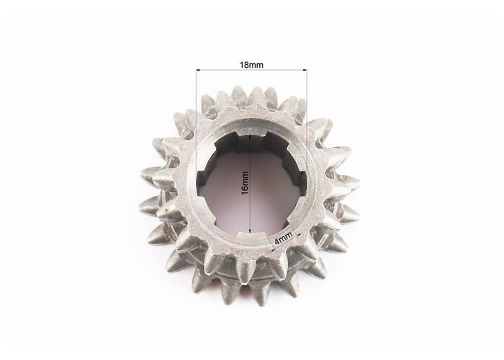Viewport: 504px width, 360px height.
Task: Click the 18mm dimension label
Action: [251, 65]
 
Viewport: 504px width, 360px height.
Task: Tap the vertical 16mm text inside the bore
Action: [245, 184]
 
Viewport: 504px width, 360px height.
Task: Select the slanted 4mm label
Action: [284, 238]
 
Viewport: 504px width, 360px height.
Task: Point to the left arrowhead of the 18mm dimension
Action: [198, 70]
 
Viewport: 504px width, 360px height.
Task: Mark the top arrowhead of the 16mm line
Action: [251, 138]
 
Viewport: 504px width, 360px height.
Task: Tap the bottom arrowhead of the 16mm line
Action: [251, 230]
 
